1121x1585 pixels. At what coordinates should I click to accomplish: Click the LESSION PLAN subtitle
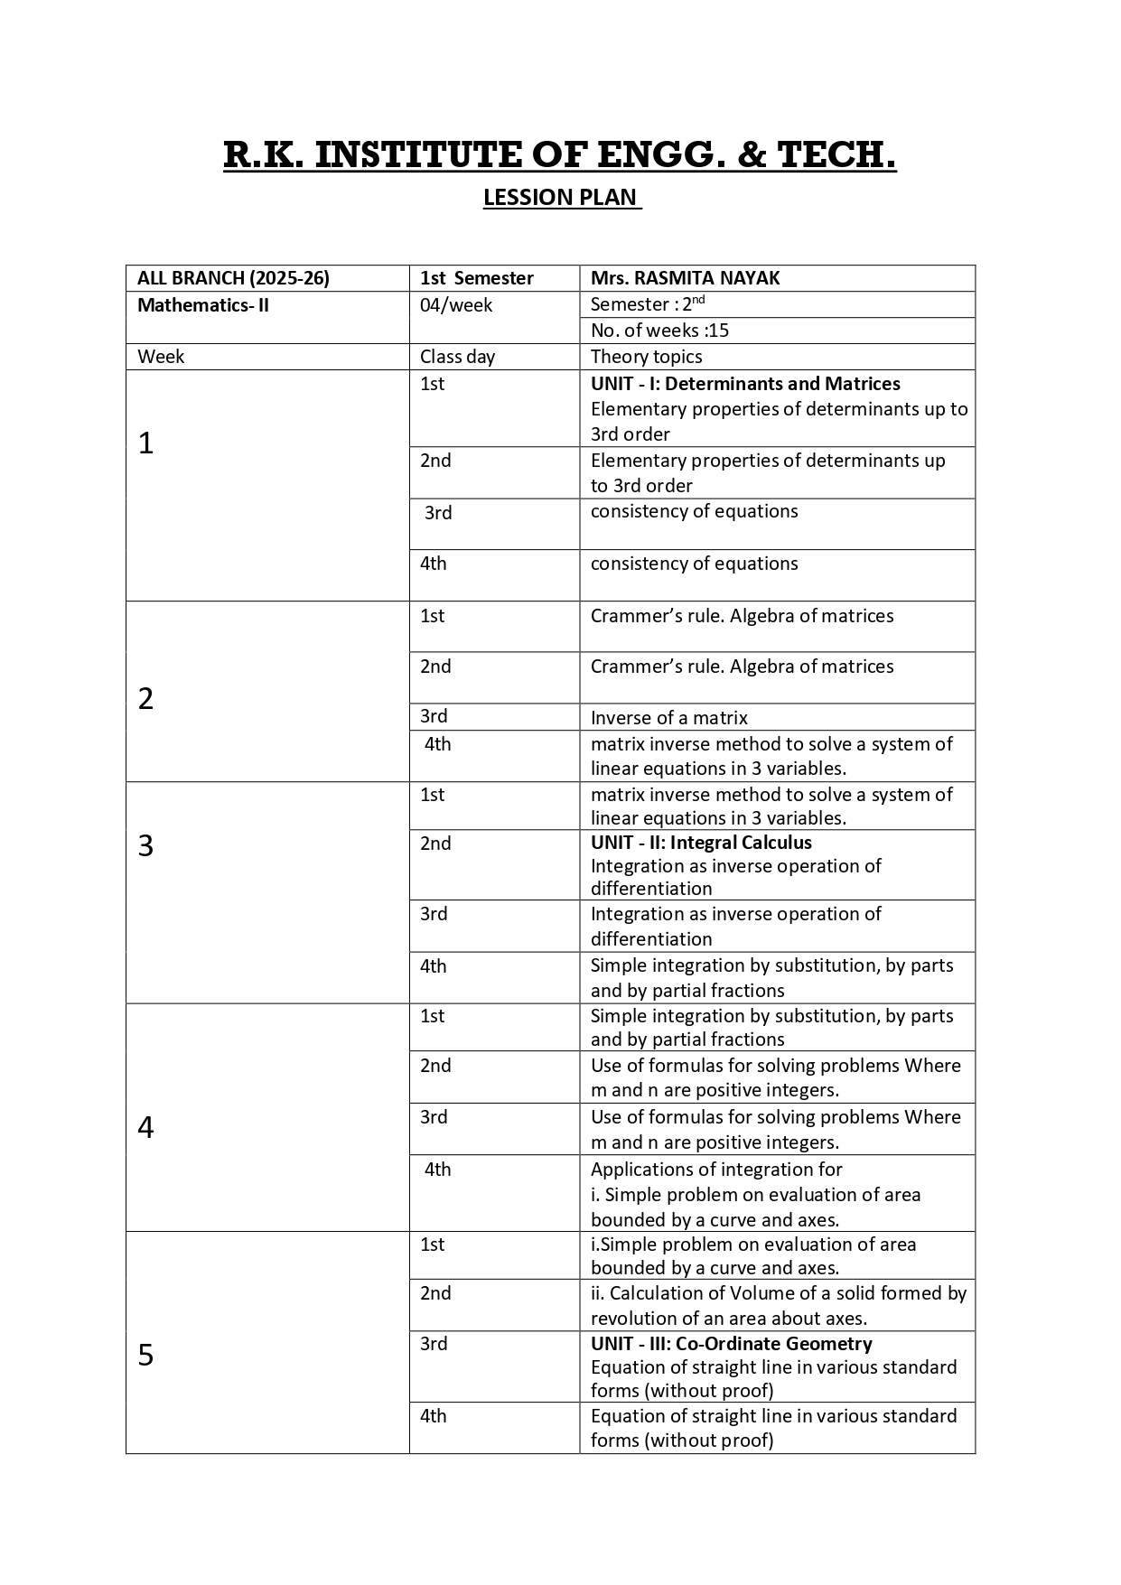[561, 197]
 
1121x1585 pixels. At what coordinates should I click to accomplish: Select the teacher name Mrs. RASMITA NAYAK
[685, 278]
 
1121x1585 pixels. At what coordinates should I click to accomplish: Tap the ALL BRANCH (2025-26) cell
[233, 278]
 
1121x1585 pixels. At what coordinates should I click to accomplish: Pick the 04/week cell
[456, 305]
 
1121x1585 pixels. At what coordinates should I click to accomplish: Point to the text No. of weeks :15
[659, 331]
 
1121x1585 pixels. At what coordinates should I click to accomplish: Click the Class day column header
[457, 357]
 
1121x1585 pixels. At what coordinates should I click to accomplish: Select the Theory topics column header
[646, 357]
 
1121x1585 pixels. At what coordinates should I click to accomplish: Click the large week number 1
[145, 443]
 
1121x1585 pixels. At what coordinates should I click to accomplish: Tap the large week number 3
[145, 845]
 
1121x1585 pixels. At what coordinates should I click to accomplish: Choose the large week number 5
[145, 1356]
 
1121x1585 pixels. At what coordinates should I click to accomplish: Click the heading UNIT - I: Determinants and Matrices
[745, 384]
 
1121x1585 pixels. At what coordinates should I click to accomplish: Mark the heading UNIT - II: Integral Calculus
[701, 843]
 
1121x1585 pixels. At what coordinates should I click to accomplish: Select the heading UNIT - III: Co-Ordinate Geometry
[731, 1344]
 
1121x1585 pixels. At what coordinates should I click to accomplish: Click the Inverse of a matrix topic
[668, 718]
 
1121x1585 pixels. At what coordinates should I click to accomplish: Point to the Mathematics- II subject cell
[203, 305]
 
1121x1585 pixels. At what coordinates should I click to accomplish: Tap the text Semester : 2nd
[647, 304]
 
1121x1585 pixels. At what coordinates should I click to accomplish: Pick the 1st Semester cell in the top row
[476, 278]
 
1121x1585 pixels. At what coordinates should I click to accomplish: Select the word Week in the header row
[161, 357]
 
